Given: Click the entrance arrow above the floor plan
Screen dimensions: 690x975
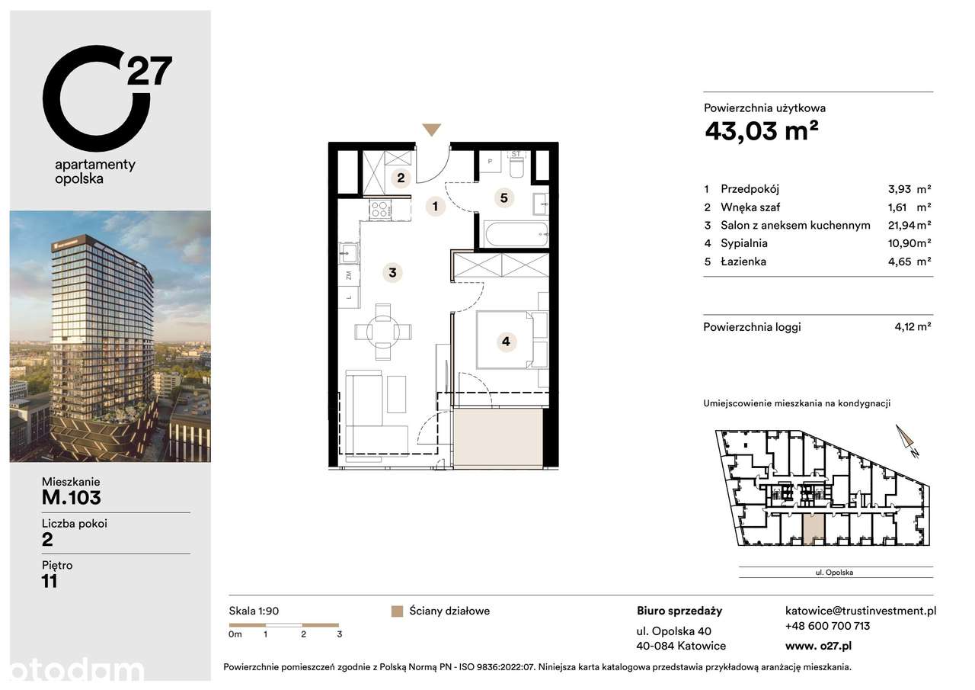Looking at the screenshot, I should coord(432,130).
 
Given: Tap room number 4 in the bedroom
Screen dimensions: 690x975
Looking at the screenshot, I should coord(506,342).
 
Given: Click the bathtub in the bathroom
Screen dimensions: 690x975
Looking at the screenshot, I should coord(516,234).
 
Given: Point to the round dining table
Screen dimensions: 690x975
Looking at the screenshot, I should coord(382,332).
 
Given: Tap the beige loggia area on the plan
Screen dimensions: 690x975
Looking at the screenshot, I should coord(499,438).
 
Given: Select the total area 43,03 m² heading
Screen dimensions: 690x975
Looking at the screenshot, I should coord(762,132).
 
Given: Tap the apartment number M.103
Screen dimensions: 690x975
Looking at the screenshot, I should coord(72,499).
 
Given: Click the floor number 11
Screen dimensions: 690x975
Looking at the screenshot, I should coord(50,582).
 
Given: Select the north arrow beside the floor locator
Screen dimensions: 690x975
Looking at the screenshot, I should coord(907,442).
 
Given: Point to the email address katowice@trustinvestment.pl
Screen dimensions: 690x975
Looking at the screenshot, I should coord(860,611).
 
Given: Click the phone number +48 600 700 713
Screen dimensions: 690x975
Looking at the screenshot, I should coord(827,626).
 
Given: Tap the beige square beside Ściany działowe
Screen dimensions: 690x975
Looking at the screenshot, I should coord(396,611).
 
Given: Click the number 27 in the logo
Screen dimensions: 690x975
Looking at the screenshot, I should coord(149,71).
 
